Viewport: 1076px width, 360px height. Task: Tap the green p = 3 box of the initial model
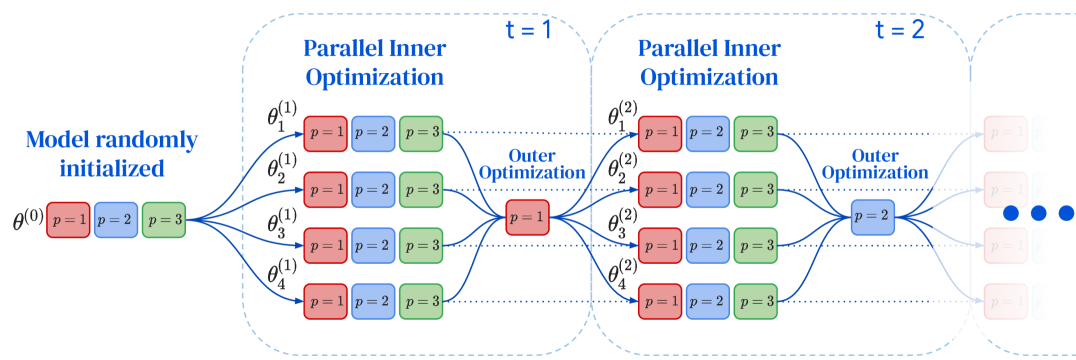(x=163, y=219)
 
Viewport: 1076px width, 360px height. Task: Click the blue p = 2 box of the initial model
(x=115, y=219)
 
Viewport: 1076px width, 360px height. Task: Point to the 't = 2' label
(x=899, y=29)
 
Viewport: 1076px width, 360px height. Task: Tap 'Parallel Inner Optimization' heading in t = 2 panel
(x=711, y=62)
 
